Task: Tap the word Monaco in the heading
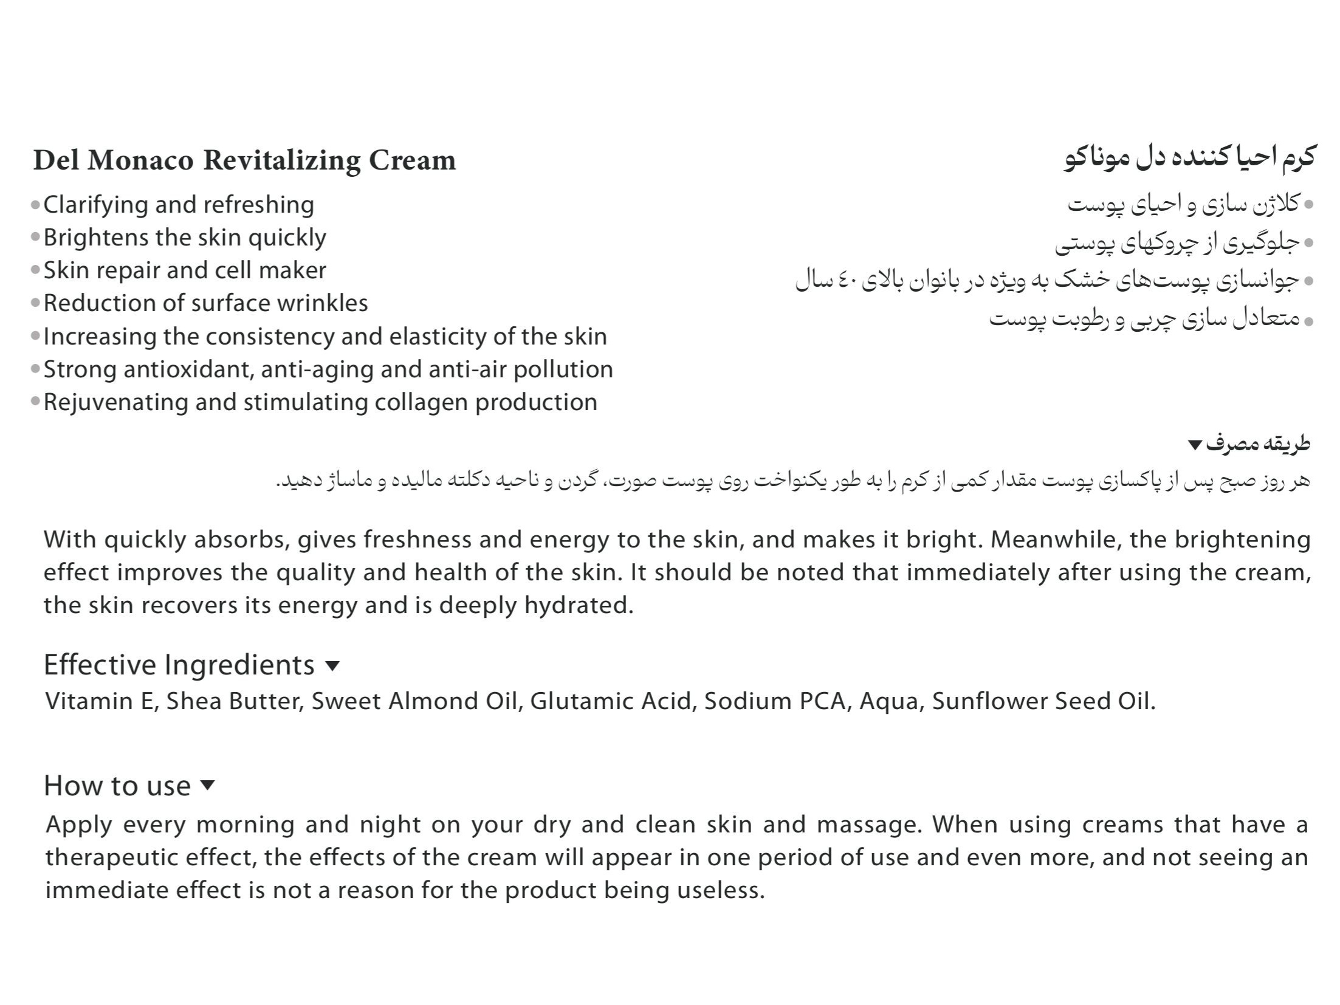[x=140, y=160]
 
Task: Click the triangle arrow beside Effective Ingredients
[x=332, y=666]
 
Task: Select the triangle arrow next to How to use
[x=207, y=785]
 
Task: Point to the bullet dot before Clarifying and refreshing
[x=35, y=205]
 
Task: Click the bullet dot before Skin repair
[x=35, y=270]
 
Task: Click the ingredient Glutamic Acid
[x=611, y=701]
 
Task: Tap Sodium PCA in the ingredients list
[x=775, y=701]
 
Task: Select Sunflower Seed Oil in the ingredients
[x=1043, y=701]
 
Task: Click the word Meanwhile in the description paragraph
[x=1056, y=540]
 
